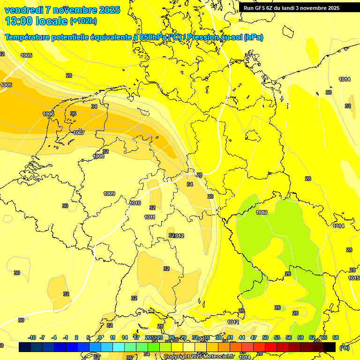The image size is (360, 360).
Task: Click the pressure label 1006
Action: click(x=48, y=114)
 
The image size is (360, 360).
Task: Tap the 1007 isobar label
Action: click(x=79, y=133)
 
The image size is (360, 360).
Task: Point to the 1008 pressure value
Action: click(x=98, y=156)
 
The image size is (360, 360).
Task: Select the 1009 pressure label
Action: click(x=109, y=194)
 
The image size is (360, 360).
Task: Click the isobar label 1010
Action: click(x=135, y=203)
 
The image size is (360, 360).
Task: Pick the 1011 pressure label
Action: click(x=150, y=217)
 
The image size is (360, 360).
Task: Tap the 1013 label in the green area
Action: click(x=262, y=212)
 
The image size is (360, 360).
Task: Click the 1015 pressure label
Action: click(x=354, y=278)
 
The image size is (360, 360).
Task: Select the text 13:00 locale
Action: click(x=36, y=21)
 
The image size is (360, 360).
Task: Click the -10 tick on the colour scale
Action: click(x=32, y=337)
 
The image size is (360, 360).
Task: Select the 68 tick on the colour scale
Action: click(x=336, y=337)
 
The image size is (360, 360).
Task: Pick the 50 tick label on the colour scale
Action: click(x=265, y=337)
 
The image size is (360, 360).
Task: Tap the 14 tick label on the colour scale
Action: click(x=125, y=337)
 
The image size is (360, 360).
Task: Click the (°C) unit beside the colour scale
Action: click(x=345, y=348)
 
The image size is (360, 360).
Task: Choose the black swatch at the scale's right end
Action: click(x=330, y=347)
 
